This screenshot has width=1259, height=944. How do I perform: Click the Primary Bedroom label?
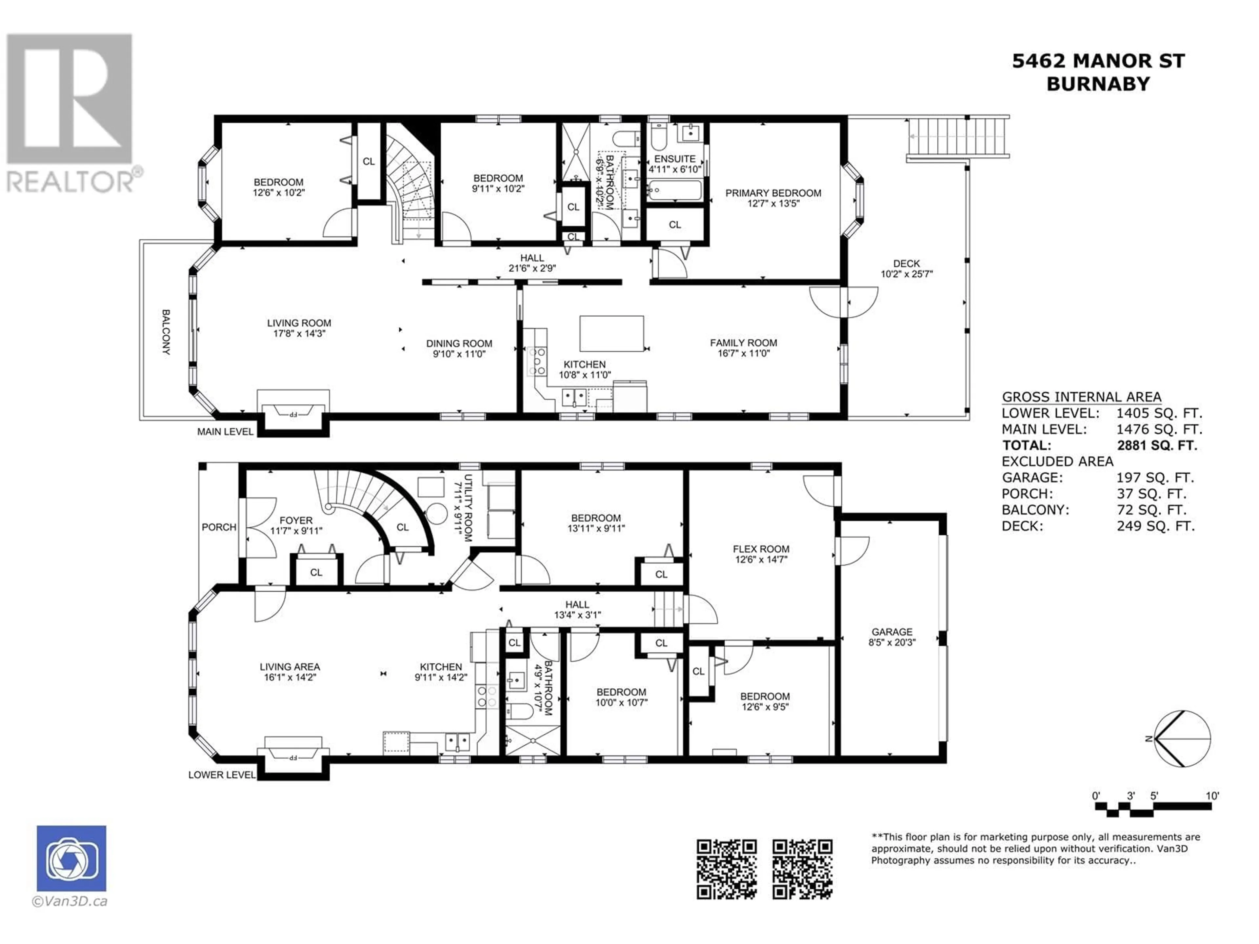[x=773, y=198]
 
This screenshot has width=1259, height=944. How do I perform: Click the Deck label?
[x=906, y=268]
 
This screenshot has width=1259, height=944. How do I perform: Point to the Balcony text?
[x=166, y=332]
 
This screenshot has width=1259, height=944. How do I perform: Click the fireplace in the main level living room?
[x=293, y=410]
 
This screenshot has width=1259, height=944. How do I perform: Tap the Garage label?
[x=892, y=637]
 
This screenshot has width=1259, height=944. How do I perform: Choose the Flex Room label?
[x=761, y=554]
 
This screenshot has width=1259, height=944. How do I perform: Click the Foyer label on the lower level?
[x=296, y=525]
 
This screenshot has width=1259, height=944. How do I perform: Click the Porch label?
[x=219, y=527]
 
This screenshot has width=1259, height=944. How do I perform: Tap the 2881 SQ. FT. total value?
[x=1157, y=445]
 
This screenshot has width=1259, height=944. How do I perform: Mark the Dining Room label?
[x=459, y=348]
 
